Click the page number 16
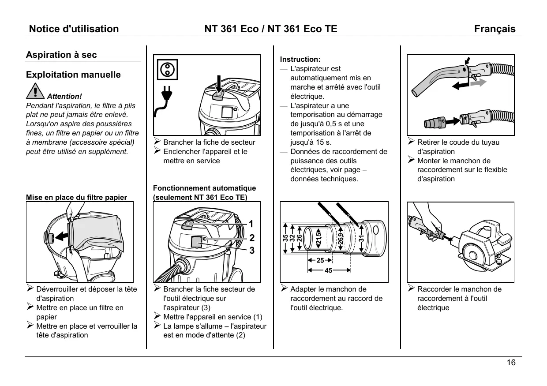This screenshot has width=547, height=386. pos(511,363)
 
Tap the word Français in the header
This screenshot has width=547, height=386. pos(495,29)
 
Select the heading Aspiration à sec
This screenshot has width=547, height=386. pos(61,55)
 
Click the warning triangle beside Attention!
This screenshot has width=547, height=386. pos(35,91)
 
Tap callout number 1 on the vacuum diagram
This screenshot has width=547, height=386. pos(251,224)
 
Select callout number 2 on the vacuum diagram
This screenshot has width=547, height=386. pos(251,238)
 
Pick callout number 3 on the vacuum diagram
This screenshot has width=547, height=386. pos(251,251)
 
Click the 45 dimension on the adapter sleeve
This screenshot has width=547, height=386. pos(329,270)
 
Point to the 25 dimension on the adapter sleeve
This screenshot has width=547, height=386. pos(320,260)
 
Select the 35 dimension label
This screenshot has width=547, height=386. pos(285,238)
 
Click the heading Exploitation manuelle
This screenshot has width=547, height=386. pos(73,75)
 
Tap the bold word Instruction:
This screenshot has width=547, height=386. pos(300,59)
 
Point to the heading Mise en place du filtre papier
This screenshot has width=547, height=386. pos(76,197)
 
